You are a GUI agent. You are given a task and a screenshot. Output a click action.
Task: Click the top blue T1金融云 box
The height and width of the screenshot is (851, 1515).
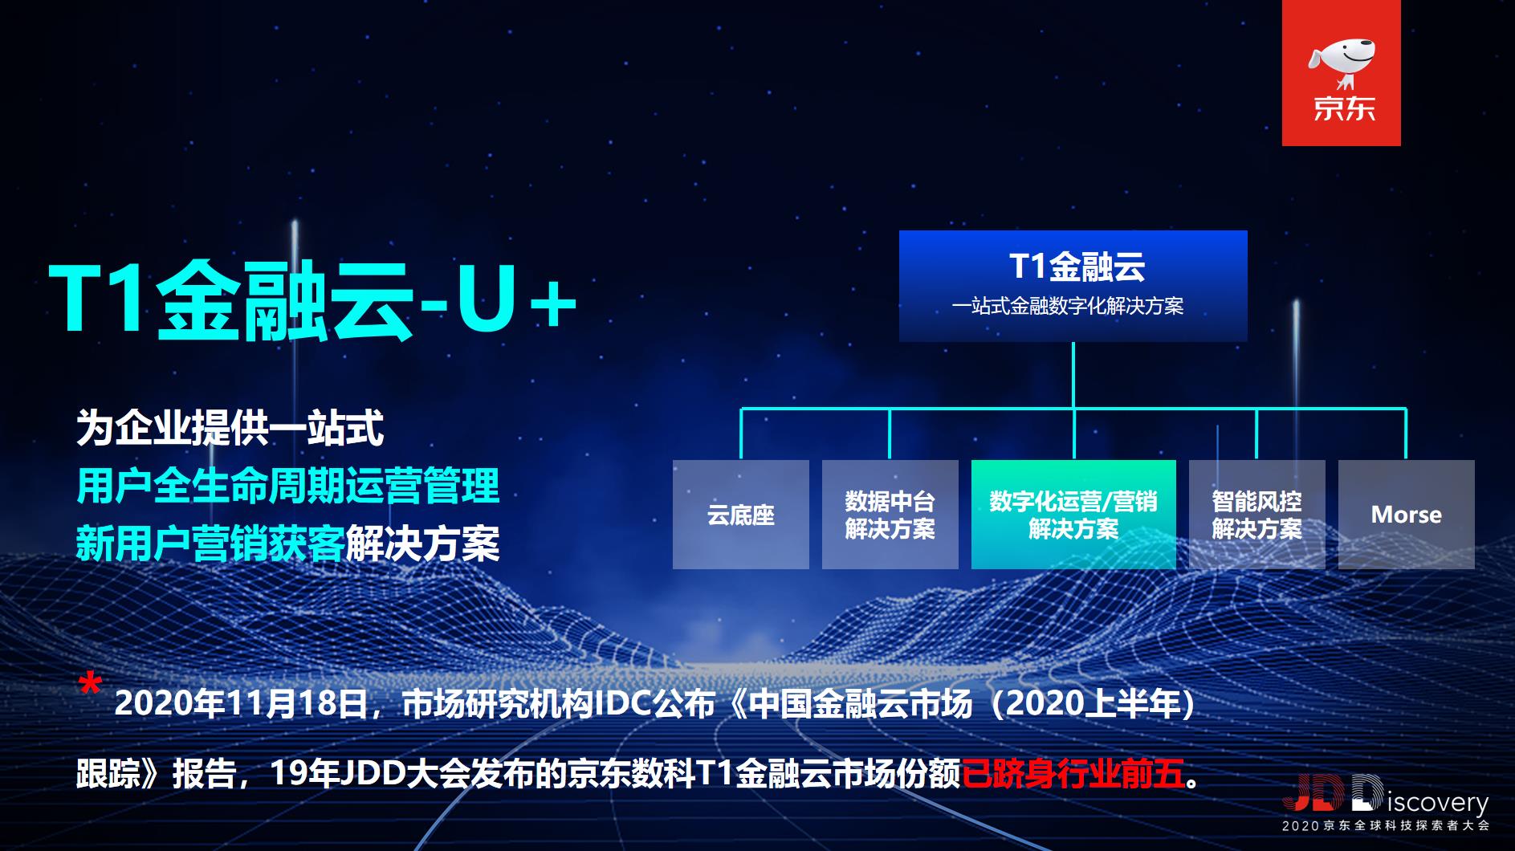[x=1073, y=285]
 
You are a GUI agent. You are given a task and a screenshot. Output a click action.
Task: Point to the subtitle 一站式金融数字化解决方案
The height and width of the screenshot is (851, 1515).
[x=1068, y=307]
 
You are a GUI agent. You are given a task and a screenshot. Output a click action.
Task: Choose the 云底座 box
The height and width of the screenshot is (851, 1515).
[x=740, y=515]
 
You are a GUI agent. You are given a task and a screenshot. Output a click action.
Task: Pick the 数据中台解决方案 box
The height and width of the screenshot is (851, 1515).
[x=890, y=515]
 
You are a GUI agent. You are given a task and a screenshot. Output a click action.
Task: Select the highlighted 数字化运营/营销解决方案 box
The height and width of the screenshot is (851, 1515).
[x=1073, y=515]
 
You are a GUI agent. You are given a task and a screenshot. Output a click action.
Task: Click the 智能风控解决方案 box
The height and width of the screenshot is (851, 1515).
[x=1256, y=515]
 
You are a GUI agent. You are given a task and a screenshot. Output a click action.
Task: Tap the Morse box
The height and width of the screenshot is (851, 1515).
[x=1406, y=515]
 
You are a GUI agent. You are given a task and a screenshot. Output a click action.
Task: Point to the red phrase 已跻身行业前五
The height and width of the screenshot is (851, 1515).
[x=1073, y=774]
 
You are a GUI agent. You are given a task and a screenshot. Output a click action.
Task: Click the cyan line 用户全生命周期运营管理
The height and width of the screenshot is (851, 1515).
[x=287, y=486]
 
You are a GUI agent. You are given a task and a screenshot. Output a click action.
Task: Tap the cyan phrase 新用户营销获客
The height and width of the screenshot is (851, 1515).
[x=210, y=544]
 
